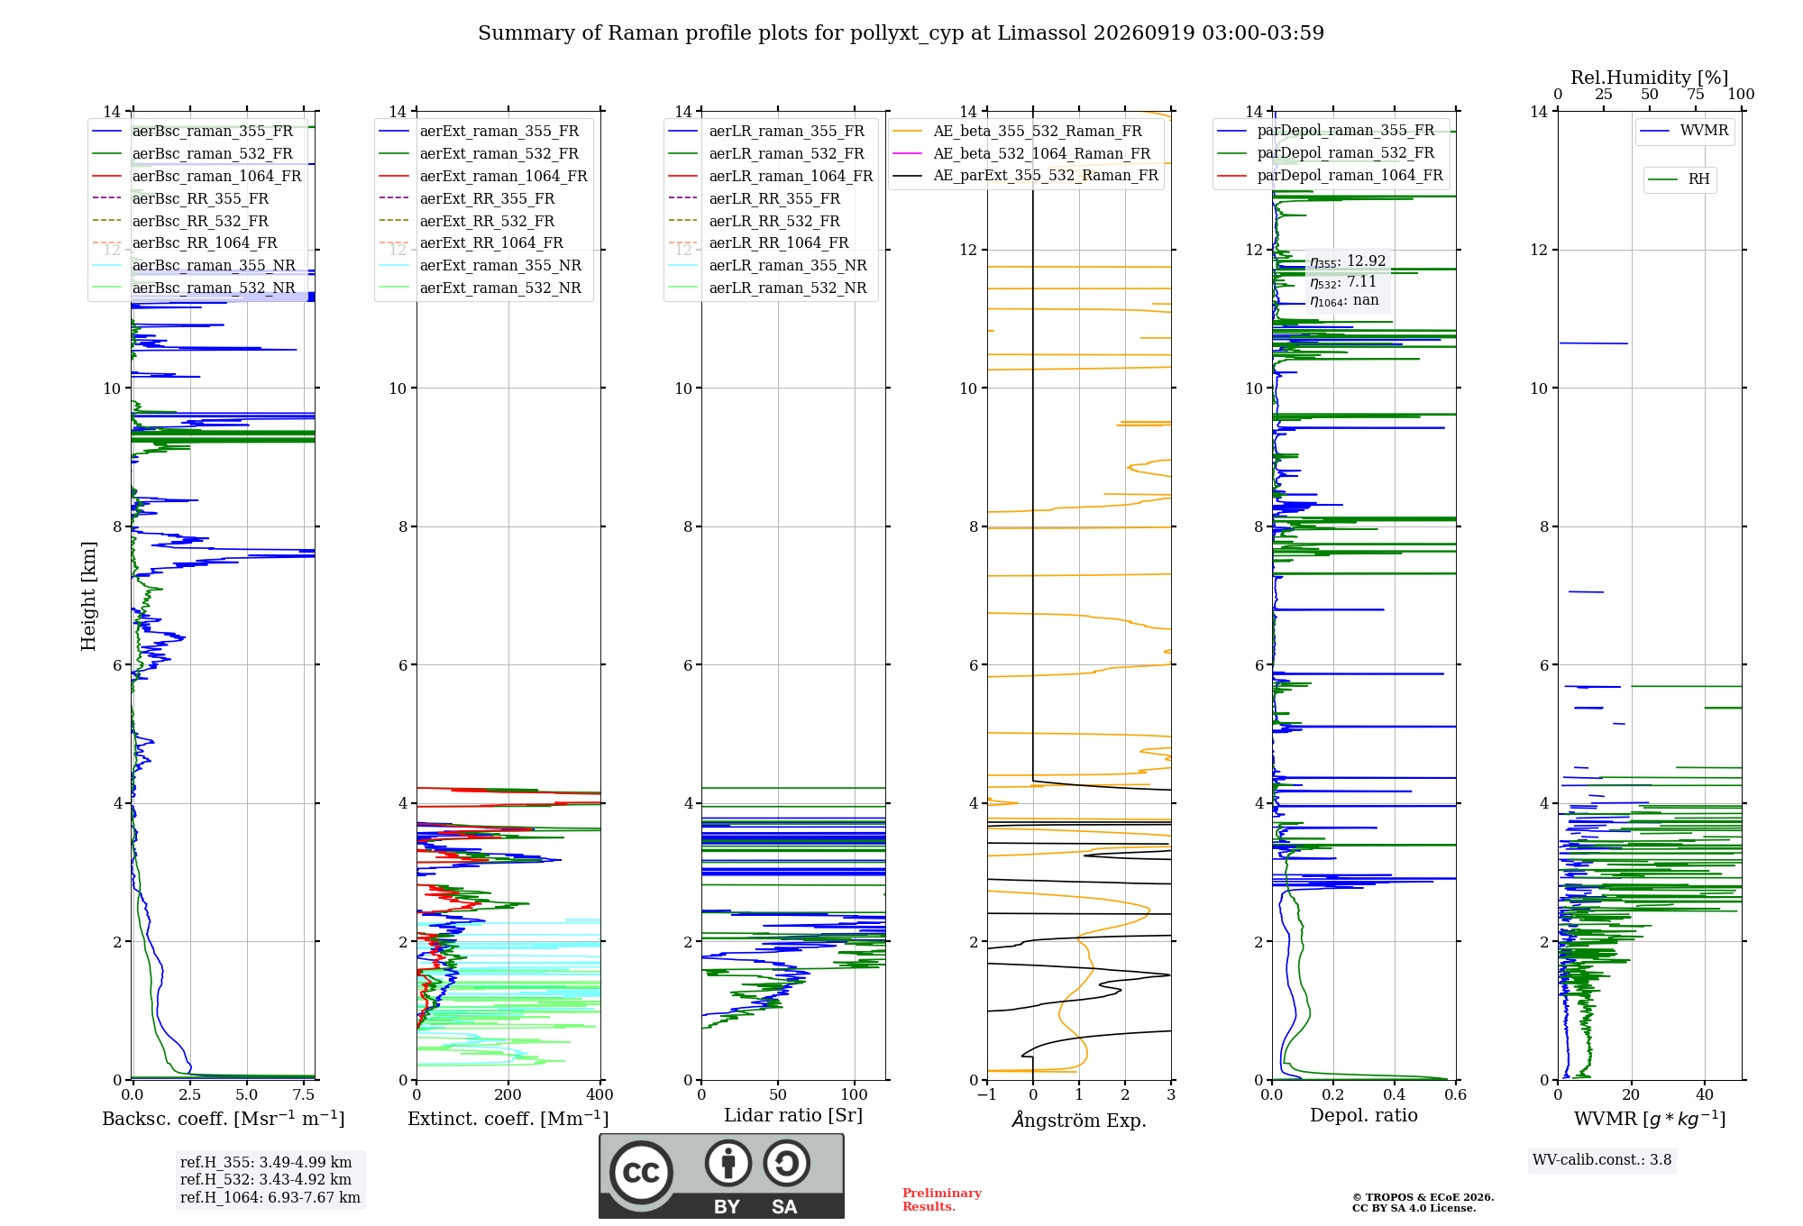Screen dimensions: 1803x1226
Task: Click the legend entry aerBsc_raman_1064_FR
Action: (197, 176)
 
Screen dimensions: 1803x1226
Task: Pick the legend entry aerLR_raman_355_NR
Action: (767, 265)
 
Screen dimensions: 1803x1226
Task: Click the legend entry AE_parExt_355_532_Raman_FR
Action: (1026, 175)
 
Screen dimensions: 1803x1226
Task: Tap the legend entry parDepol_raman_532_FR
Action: (1325, 152)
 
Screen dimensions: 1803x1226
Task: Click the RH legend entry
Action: (1679, 179)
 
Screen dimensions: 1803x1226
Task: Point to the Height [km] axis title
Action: (88, 596)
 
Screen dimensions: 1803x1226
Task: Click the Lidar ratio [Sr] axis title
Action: (793, 1115)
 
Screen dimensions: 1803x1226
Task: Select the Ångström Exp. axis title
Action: (1079, 1120)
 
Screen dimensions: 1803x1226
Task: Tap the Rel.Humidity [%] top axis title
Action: (1650, 78)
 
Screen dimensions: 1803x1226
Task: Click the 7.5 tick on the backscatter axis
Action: (304, 1094)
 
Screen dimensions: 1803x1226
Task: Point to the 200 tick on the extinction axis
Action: (508, 1094)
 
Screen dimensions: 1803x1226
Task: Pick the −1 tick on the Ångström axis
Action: (987, 1094)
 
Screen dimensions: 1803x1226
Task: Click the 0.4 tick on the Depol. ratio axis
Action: (1395, 1094)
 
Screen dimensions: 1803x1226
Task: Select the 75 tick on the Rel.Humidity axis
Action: (1696, 94)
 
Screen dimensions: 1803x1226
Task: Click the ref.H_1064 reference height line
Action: (270, 1197)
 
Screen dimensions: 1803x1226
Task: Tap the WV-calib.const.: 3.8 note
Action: (1602, 1159)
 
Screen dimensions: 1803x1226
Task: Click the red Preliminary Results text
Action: (942, 1200)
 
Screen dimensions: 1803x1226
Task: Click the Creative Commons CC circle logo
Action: (641, 1172)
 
